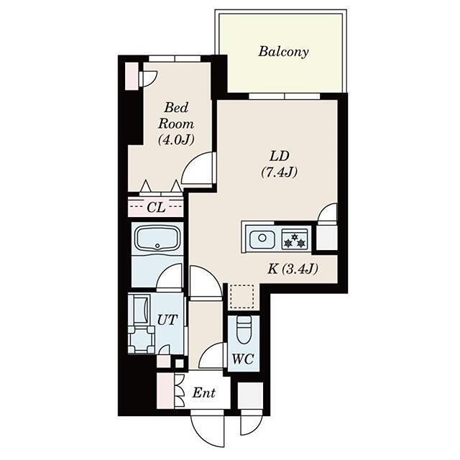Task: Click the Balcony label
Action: (283, 52)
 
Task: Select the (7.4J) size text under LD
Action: (279, 172)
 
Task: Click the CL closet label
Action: (156, 208)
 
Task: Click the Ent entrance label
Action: (205, 393)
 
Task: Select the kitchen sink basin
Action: (260, 238)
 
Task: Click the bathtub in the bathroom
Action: (157, 239)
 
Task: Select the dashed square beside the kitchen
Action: (241, 296)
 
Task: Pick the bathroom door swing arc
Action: (171, 277)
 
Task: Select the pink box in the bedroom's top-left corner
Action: (132, 76)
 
